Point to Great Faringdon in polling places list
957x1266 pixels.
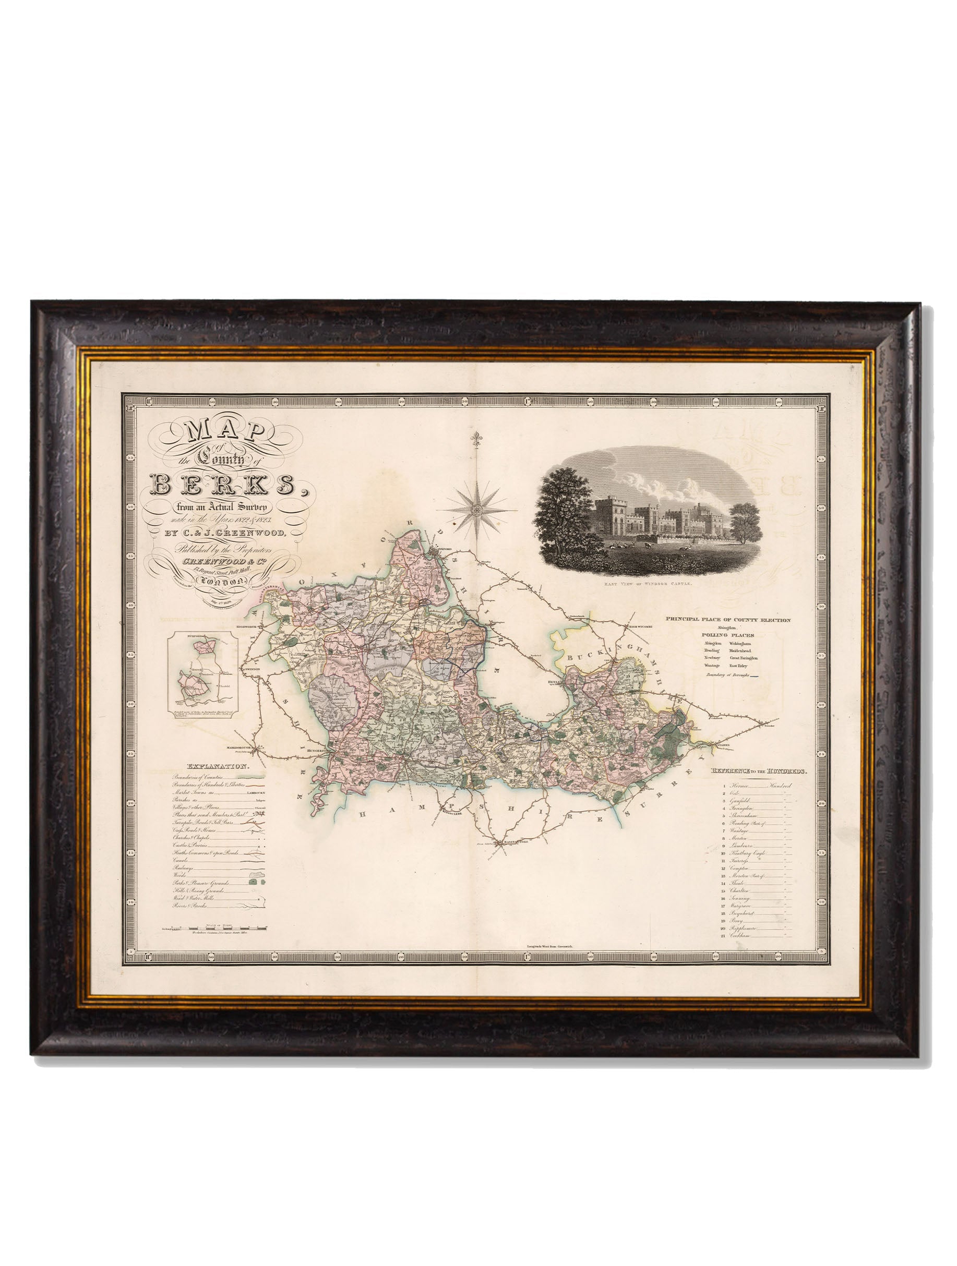tap(744, 658)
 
